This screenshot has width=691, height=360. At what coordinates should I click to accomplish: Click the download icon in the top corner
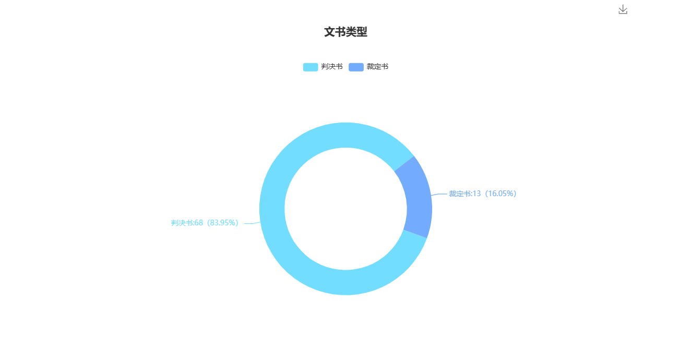(x=623, y=9)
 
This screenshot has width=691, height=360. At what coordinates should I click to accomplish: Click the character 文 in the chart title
(x=329, y=32)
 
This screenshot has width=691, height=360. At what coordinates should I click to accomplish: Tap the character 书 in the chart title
(x=340, y=32)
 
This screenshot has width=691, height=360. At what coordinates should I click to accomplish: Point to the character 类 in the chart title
(x=351, y=32)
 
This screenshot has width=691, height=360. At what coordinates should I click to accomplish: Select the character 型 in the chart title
(x=362, y=32)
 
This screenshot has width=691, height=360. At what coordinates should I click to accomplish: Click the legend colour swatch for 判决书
(x=310, y=67)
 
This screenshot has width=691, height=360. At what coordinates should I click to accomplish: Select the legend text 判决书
(x=332, y=67)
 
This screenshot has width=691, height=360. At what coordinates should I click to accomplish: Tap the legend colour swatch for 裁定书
(x=356, y=67)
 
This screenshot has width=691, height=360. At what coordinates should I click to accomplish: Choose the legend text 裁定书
(x=377, y=67)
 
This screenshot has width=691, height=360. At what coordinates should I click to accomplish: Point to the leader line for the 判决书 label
(x=252, y=223)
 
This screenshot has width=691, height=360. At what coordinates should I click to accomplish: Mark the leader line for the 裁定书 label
(x=439, y=194)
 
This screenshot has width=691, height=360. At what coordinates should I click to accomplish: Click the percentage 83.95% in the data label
(x=222, y=223)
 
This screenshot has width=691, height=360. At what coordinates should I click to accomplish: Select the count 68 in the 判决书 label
(x=198, y=223)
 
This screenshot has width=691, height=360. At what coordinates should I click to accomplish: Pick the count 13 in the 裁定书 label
(x=476, y=194)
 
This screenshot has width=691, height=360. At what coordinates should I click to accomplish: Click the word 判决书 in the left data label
(x=181, y=223)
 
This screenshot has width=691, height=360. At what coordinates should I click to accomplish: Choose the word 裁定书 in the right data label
(x=459, y=194)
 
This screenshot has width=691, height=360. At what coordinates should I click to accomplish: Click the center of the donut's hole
(x=345, y=209)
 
